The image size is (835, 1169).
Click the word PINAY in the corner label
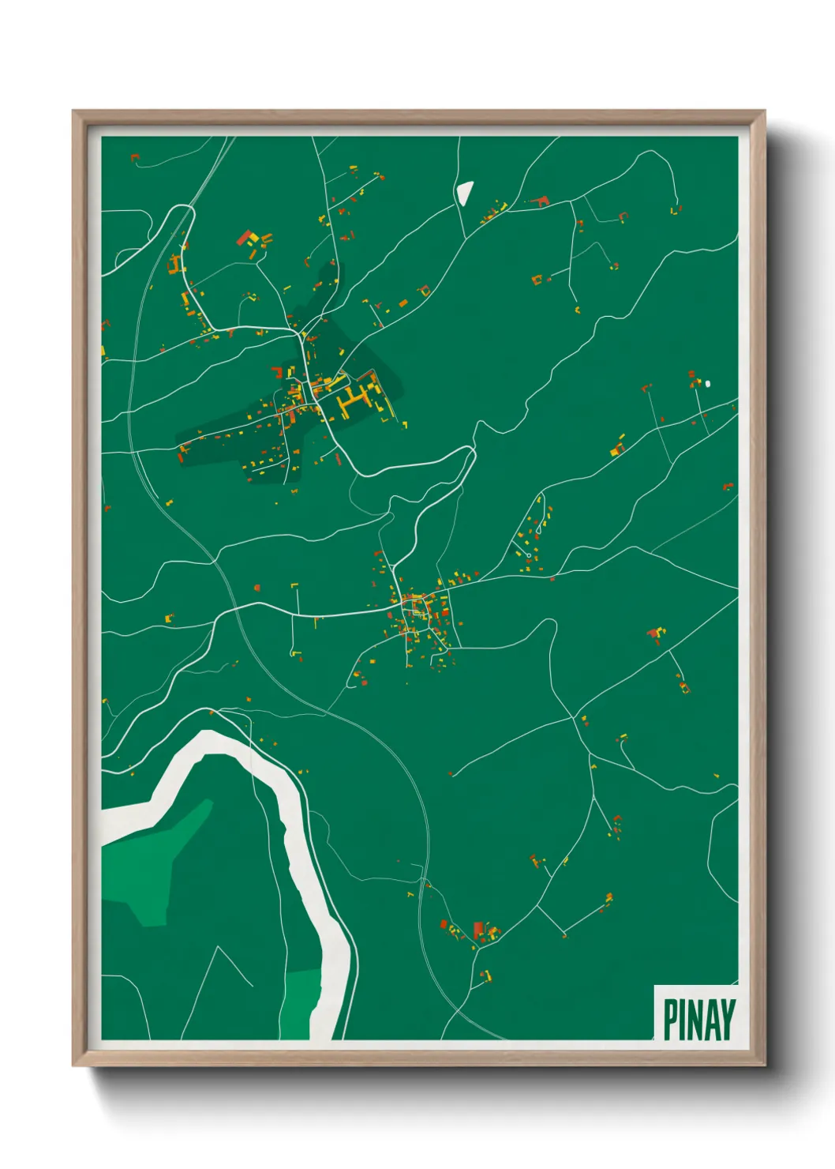(x=698, y=1019)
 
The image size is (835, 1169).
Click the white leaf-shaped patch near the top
(x=464, y=192)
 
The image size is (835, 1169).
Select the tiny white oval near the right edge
(x=708, y=384)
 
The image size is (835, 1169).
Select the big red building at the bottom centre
(x=477, y=928)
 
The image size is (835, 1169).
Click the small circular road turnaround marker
(x=528, y=555)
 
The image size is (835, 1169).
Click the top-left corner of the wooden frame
(x=74, y=112)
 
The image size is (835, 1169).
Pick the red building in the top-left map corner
(x=133, y=158)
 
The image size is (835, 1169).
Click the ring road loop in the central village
(x=415, y=607)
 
